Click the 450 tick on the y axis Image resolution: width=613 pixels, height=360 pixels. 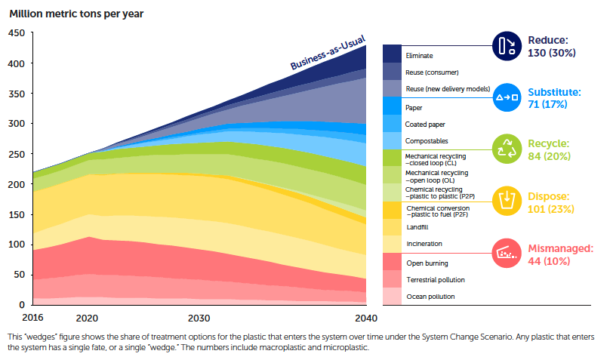[x=16, y=33]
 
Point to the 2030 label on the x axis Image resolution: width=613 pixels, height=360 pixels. [x=199, y=318]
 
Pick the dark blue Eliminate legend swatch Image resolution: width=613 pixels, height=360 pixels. [x=392, y=54]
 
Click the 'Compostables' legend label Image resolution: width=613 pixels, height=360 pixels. [x=427, y=141]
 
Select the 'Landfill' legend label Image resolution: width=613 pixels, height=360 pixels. [x=417, y=226]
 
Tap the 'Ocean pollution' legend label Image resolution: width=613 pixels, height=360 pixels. [x=430, y=297]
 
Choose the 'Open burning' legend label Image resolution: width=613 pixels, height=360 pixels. [x=427, y=263]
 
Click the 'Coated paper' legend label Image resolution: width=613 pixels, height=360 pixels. [x=427, y=123]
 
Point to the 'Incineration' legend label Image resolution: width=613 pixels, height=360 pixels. [x=424, y=244]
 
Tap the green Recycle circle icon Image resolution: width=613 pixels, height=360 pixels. [x=505, y=149]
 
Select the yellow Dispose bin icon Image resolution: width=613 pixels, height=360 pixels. [x=505, y=201]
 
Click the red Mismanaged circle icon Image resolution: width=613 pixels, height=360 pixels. [x=505, y=254]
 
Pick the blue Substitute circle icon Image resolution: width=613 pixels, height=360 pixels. [x=505, y=97]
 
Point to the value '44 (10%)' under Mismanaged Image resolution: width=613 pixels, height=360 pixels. [x=555, y=260]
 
